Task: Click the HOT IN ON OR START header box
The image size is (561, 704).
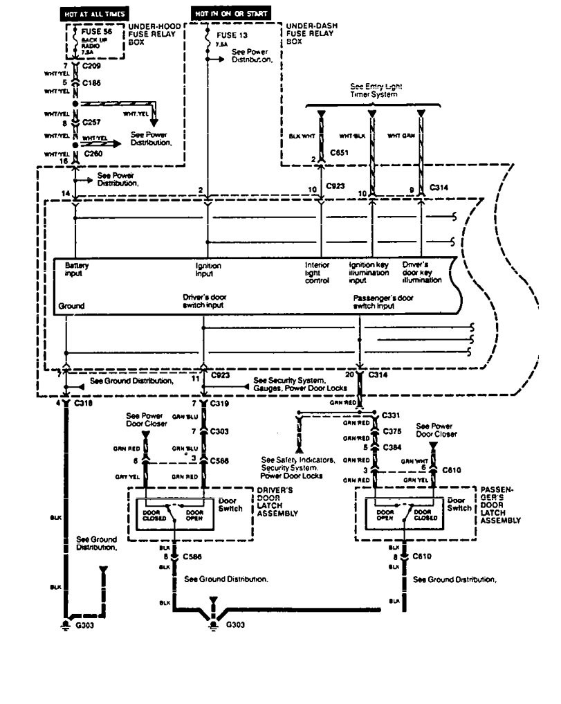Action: [x=230, y=13]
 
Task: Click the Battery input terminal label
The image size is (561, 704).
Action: [x=77, y=268]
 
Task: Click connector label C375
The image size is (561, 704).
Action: [x=394, y=431]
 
